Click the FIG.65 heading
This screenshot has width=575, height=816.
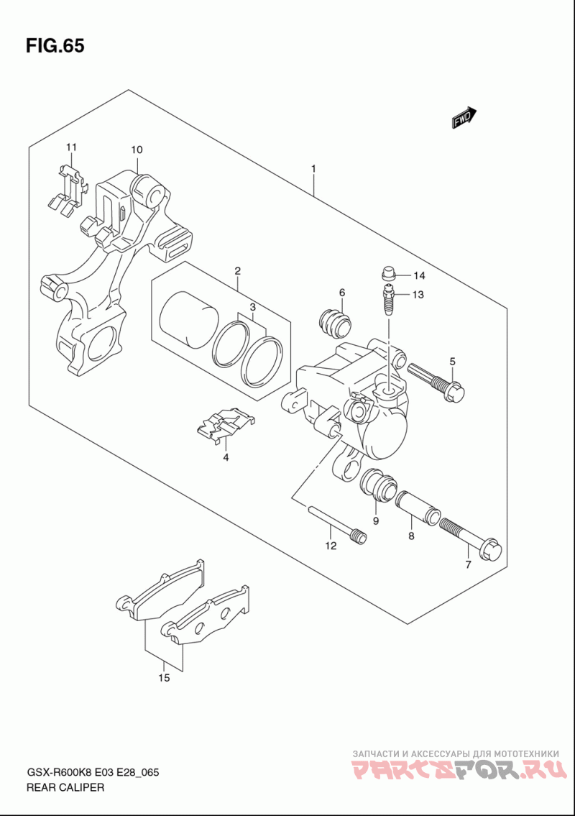[x=55, y=46]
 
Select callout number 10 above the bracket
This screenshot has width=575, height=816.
[x=137, y=150]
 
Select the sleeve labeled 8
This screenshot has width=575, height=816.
[x=418, y=508]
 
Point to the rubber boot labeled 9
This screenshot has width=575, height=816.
[x=378, y=485]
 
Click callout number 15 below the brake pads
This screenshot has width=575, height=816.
[x=164, y=677]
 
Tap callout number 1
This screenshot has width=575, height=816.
[x=314, y=169]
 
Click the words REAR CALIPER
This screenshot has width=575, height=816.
[x=65, y=787]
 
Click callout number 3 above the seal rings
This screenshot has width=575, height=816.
[x=252, y=306]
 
